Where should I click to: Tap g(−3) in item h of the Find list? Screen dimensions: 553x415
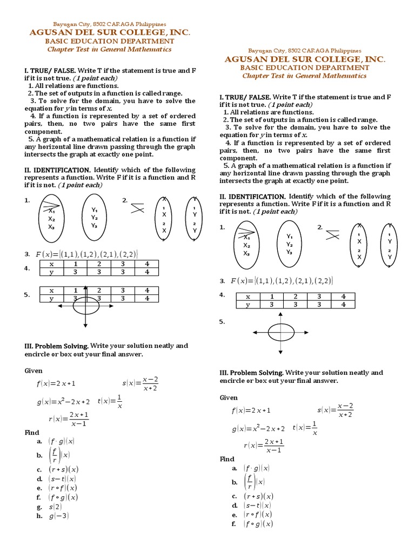pyautogui.click(x=58, y=516)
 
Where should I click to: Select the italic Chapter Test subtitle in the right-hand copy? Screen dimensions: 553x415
pyautogui.click(x=304, y=76)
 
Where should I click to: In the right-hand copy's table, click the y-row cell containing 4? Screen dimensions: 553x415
pyautogui.click(x=343, y=305)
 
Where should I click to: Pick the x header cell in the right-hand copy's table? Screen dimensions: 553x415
pyautogui.click(x=248, y=296)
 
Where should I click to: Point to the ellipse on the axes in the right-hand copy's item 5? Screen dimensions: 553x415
pyautogui.click(x=280, y=331)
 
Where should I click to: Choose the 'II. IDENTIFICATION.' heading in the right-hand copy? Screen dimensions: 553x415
pyautogui.click(x=252, y=197)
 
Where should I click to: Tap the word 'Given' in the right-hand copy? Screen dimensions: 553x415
pyautogui.click(x=229, y=397)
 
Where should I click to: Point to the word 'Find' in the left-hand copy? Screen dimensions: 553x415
pyautogui.click(x=32, y=433)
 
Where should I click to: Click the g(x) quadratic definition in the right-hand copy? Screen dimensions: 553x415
pyautogui.click(x=258, y=429)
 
